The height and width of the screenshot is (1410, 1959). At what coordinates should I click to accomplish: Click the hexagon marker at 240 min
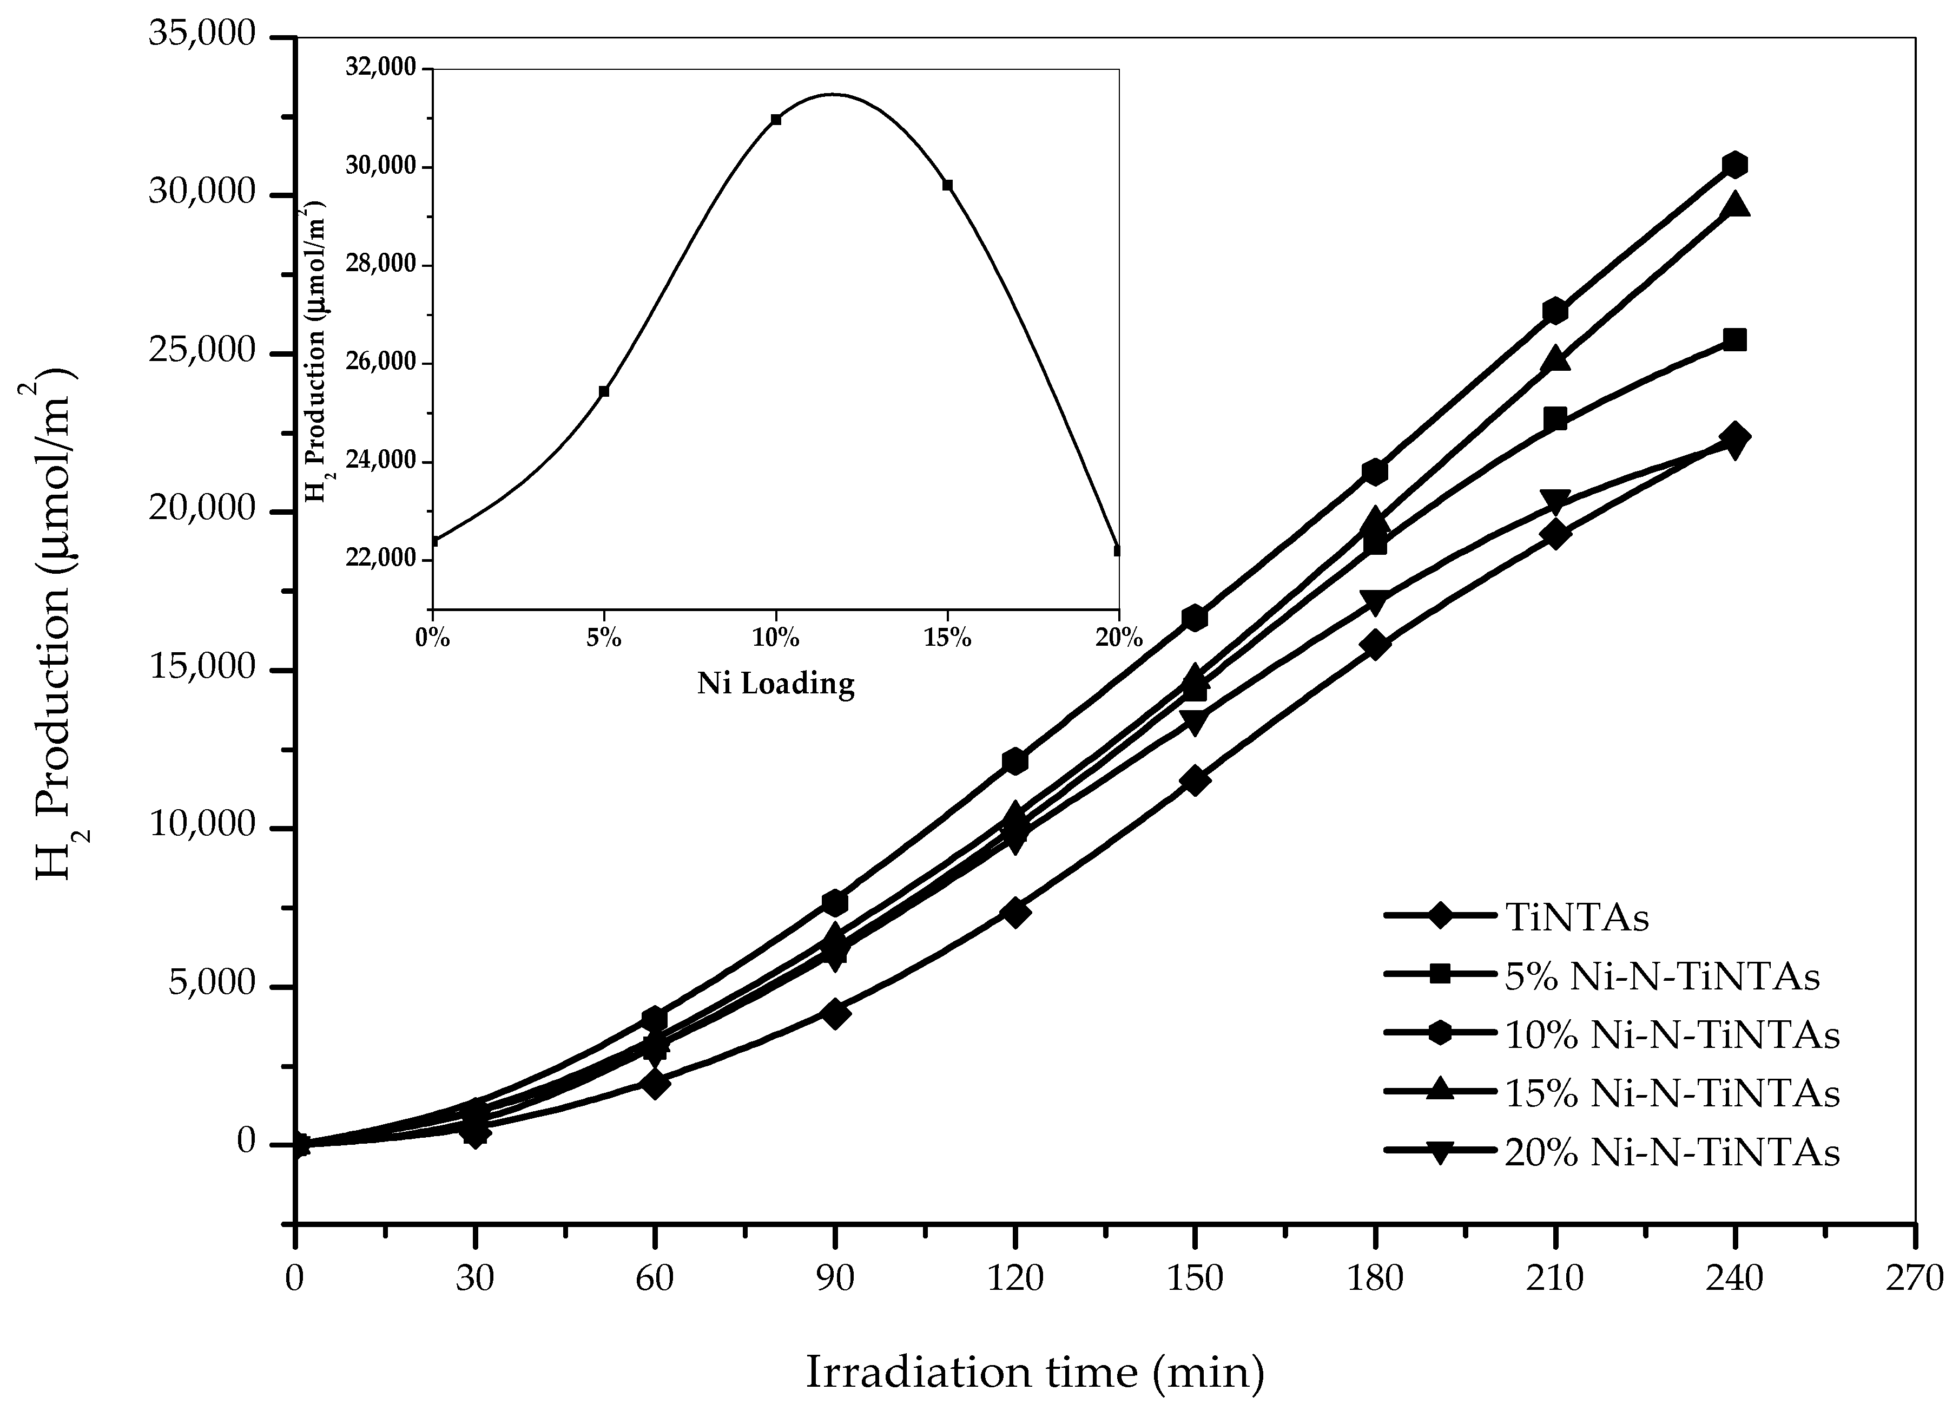click(1733, 164)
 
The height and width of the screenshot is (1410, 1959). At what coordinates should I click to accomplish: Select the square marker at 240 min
click(1733, 339)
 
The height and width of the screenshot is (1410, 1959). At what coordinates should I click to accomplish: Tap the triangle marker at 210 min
click(1555, 358)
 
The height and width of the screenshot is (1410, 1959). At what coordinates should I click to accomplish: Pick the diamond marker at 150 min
click(1195, 780)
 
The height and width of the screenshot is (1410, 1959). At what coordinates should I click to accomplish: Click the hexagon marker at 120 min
click(1015, 761)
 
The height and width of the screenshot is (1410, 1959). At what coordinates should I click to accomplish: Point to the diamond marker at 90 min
click(834, 1013)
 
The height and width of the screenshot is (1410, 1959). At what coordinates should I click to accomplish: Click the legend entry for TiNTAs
click(1577, 917)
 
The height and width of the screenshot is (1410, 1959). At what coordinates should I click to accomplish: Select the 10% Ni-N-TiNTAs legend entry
click(1671, 1035)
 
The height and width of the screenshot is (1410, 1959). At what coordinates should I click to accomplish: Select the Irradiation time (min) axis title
click(1035, 1372)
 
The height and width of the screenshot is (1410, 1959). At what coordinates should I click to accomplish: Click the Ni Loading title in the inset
click(776, 684)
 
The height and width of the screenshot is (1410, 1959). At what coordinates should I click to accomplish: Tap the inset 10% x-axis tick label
click(775, 639)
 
